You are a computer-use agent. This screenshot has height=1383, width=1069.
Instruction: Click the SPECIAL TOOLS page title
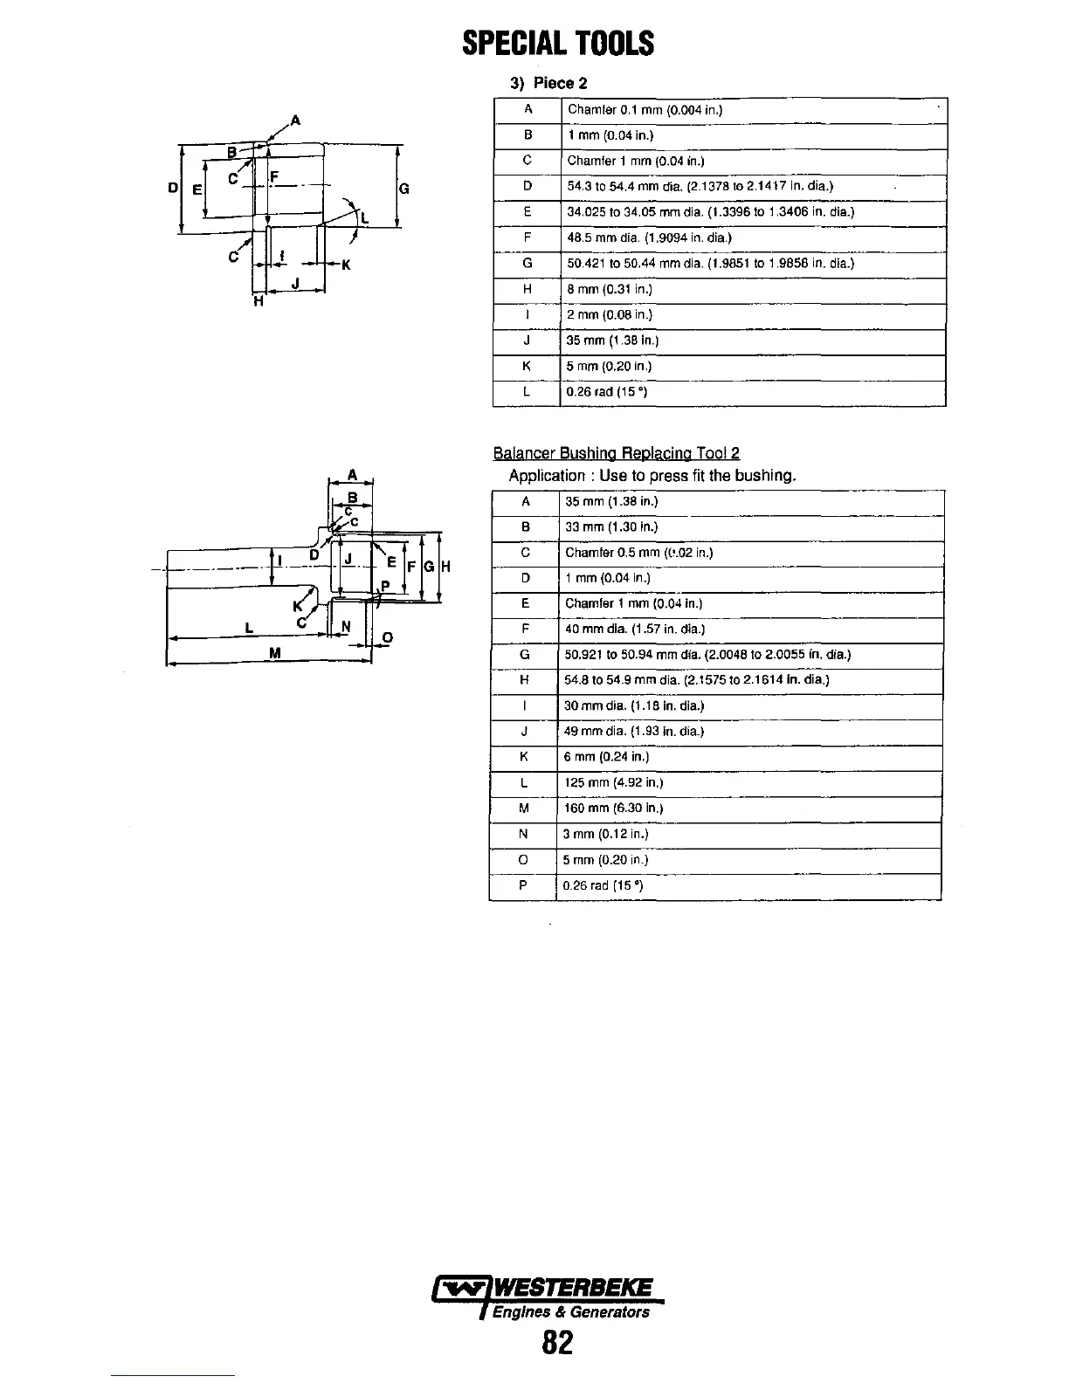pyautogui.click(x=558, y=43)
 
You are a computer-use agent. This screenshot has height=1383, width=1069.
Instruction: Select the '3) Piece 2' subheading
pyautogui.click(x=548, y=84)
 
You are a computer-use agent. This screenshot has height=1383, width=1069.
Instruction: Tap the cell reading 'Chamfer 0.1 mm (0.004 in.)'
pyautogui.click(x=645, y=110)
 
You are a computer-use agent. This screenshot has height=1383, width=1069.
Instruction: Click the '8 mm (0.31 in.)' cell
pyautogui.click(x=610, y=289)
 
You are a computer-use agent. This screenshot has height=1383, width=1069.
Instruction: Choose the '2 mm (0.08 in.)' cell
pyautogui.click(x=610, y=315)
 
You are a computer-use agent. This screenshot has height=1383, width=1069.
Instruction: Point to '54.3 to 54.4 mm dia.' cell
pyautogui.click(x=700, y=187)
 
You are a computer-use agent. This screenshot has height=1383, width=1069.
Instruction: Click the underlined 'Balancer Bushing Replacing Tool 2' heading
pyautogui.click(x=616, y=453)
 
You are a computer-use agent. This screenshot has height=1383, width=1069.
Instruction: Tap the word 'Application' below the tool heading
pyautogui.click(x=547, y=476)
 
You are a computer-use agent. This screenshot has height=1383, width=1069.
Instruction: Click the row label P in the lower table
pyautogui.click(x=523, y=885)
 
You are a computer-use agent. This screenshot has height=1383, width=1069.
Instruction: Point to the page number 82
pyautogui.click(x=557, y=1342)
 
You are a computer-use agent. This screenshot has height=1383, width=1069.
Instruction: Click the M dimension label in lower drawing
pyautogui.click(x=275, y=654)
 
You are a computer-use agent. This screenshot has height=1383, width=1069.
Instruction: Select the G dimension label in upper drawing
pyautogui.click(x=404, y=189)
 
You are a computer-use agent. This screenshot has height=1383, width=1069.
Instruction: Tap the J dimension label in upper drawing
pyautogui.click(x=295, y=282)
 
